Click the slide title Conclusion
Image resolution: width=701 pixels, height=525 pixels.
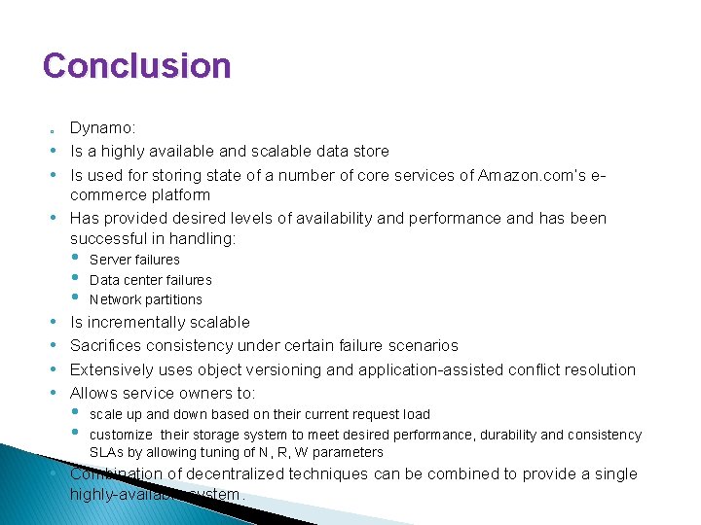coord(137,66)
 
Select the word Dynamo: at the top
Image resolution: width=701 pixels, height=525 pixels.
coord(101,127)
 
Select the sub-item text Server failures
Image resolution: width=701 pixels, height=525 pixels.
coord(134,260)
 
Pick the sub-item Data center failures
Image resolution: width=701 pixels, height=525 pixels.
coord(150,280)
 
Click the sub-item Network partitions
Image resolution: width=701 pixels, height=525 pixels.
coord(146,299)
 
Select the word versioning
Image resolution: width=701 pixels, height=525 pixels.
coord(317,369)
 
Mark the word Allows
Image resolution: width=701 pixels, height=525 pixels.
coord(93,393)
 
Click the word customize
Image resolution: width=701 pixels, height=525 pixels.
coord(121,435)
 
